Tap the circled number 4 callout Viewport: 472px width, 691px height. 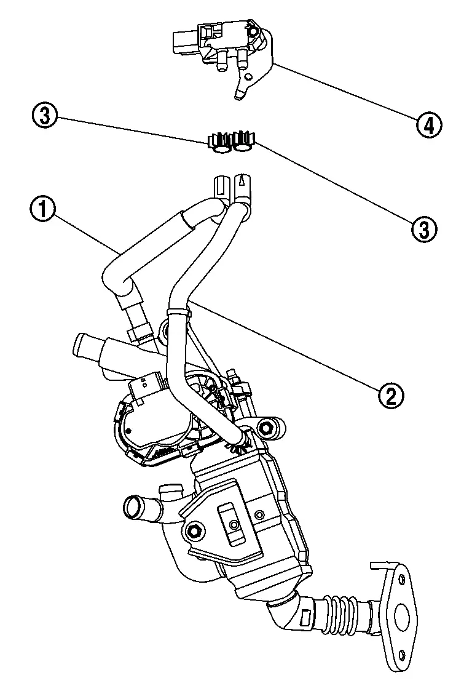click(x=428, y=125)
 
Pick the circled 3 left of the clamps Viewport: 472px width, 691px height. click(x=46, y=114)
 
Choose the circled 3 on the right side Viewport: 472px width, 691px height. click(x=423, y=228)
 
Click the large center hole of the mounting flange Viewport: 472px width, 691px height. click(x=402, y=613)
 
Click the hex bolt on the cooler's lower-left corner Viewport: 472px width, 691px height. click(x=195, y=530)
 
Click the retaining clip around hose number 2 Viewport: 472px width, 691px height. click(x=178, y=312)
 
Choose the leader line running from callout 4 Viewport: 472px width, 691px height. click(x=344, y=92)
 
